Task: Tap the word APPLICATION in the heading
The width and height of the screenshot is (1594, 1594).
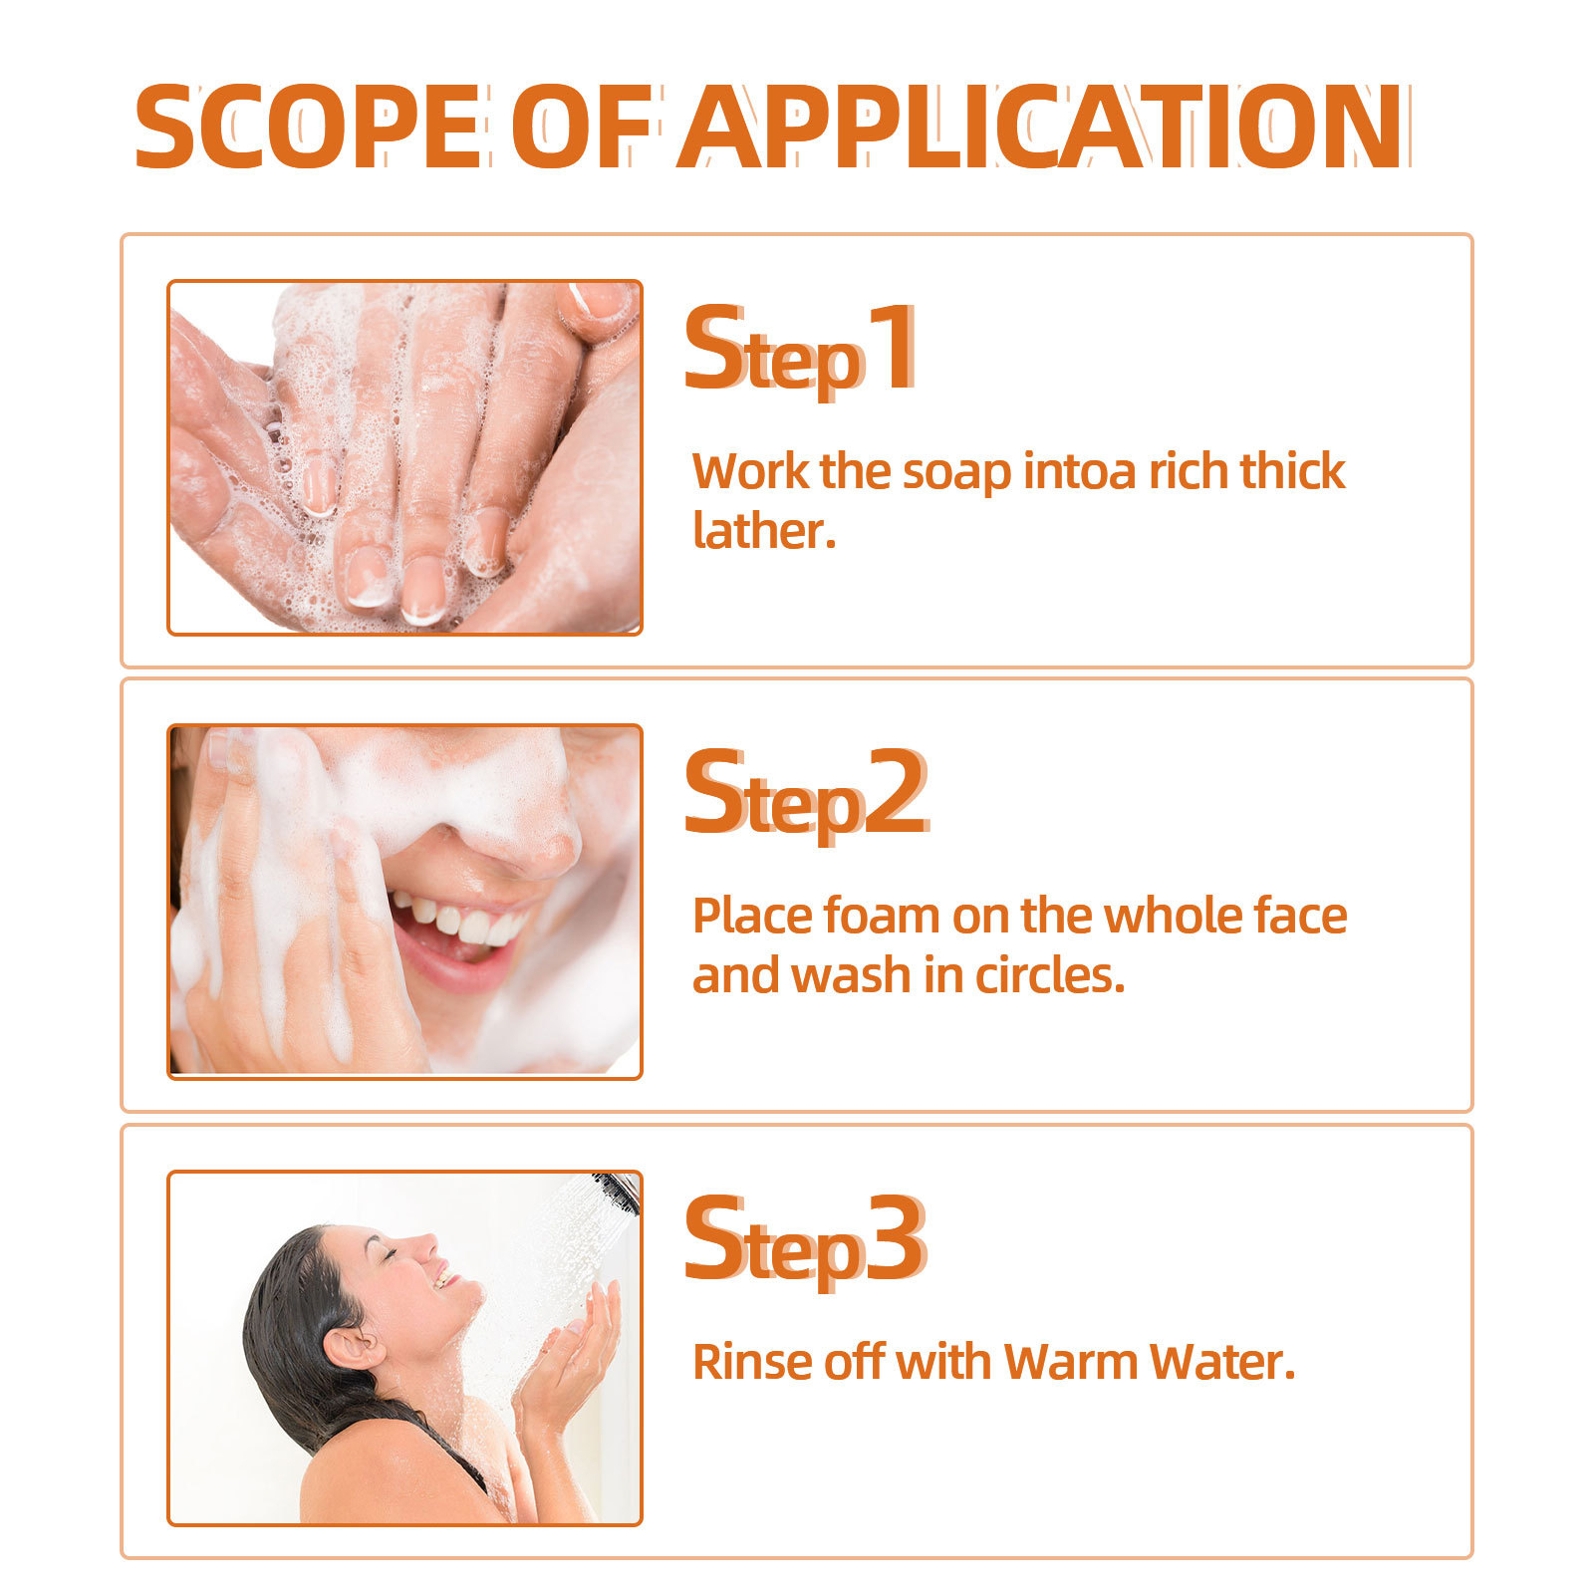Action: click(1041, 128)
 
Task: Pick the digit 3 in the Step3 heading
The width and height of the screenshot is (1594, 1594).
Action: click(895, 1239)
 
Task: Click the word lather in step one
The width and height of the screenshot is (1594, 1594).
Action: click(763, 530)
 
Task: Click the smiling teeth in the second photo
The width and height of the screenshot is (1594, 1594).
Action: click(463, 922)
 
